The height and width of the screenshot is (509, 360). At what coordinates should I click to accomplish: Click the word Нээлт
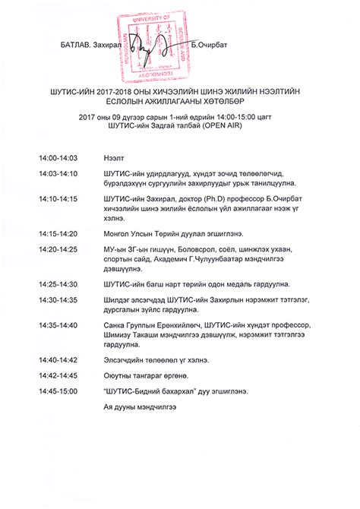[x=114, y=158]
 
